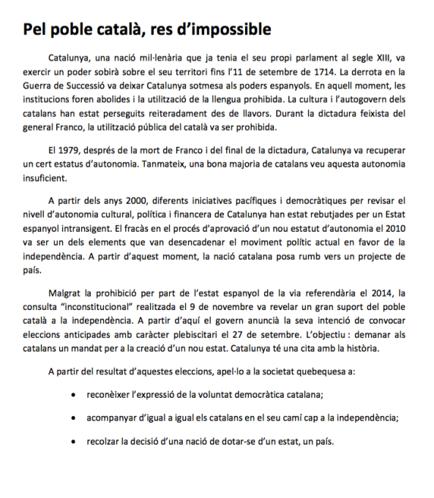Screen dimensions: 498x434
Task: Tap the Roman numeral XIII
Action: click(377, 57)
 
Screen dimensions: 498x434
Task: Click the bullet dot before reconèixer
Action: click(71, 394)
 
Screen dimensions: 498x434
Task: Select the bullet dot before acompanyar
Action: click(71, 418)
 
